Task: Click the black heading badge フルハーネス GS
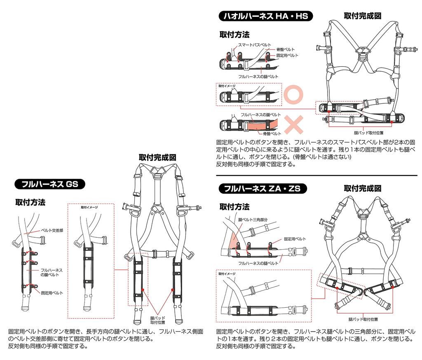pos(49,184)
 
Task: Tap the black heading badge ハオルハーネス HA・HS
pos(266,16)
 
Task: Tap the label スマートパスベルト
pos(255,44)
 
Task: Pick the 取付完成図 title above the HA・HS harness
pos(363,16)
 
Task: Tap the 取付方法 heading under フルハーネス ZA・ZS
pos(234,206)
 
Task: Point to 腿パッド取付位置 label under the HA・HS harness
pos(369,133)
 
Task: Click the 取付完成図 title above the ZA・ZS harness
pos(363,188)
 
